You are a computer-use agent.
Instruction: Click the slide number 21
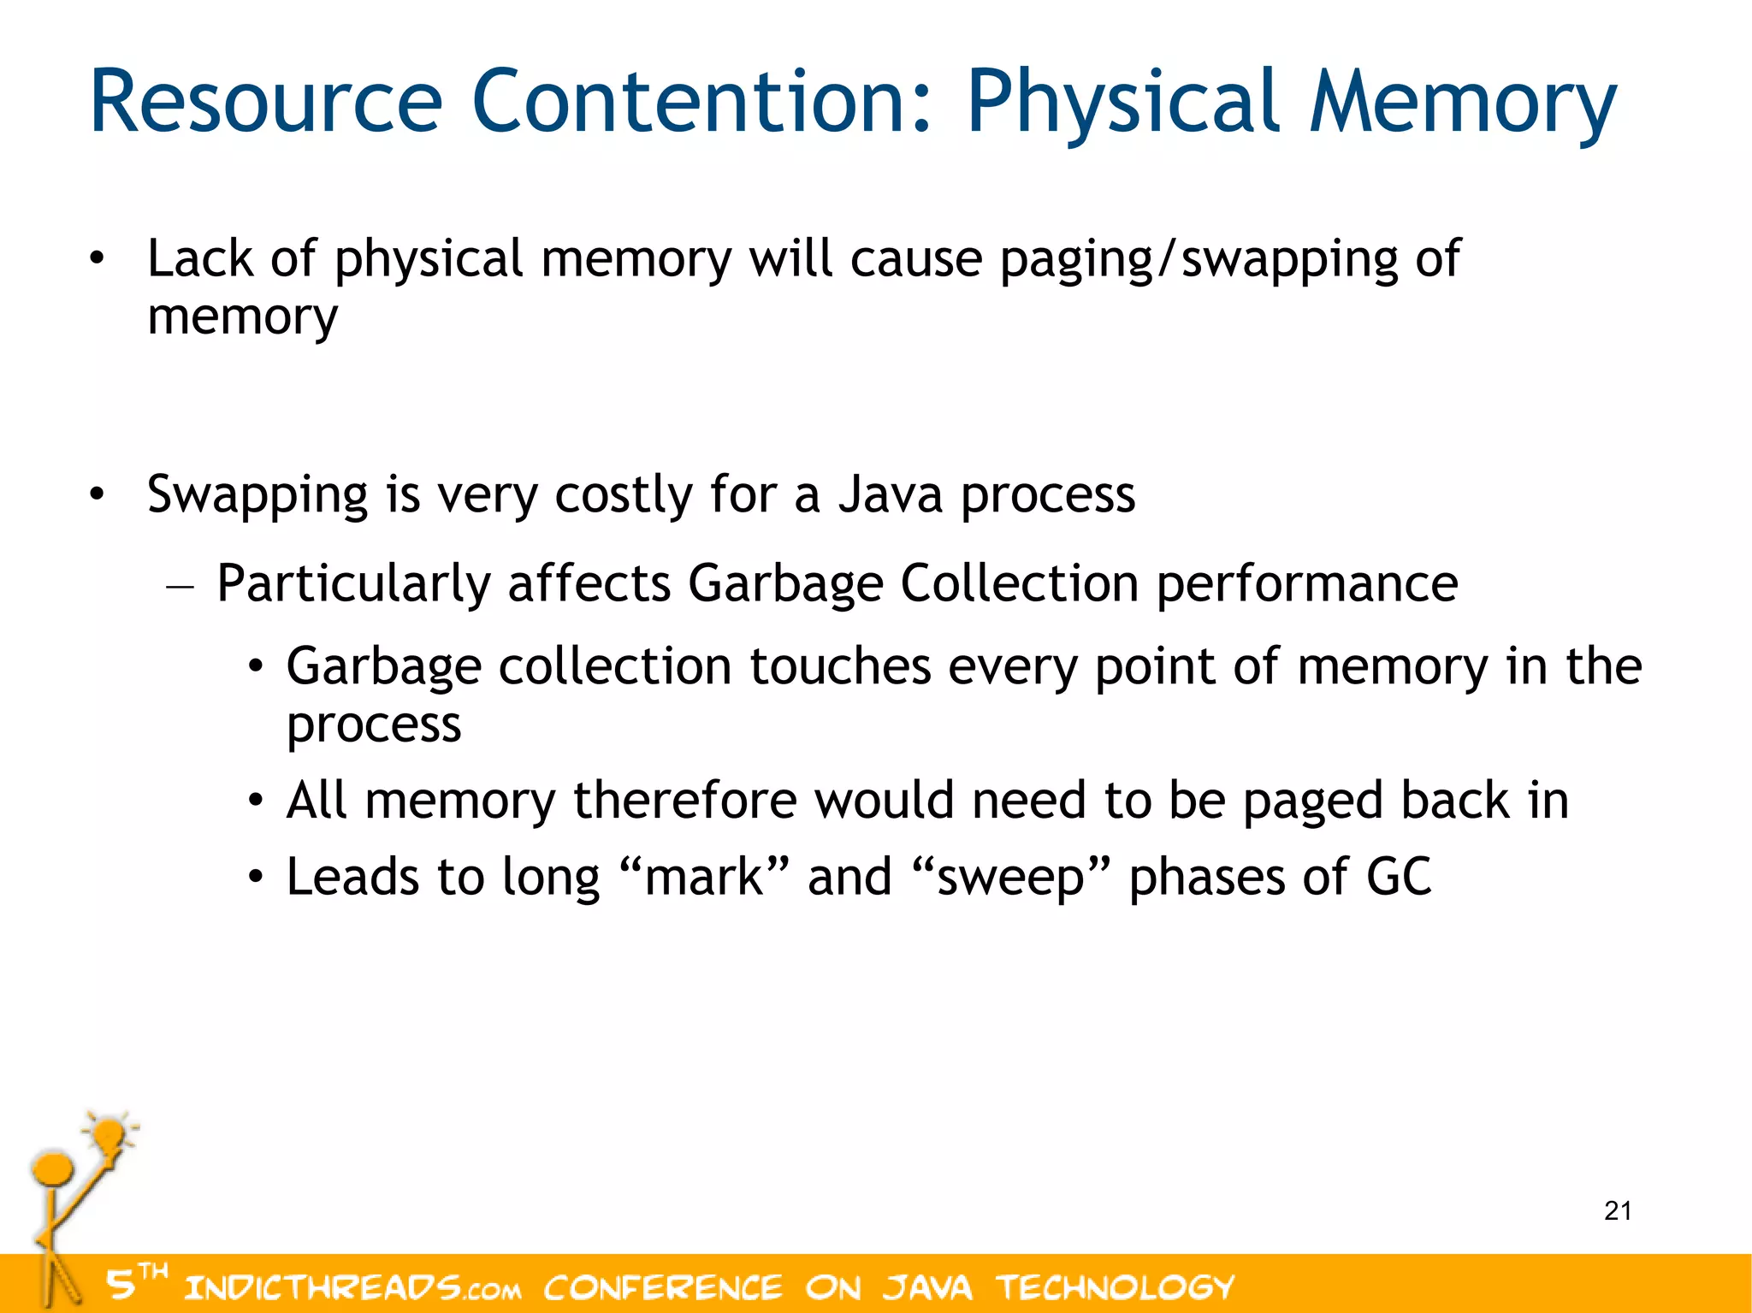[1618, 1211]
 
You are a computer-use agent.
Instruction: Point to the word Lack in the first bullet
[200, 258]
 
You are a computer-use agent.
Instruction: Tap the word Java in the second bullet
[890, 494]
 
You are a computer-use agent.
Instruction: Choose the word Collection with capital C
[1019, 583]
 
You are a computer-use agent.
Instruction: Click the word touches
[840, 666]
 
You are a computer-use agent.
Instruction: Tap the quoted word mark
[704, 878]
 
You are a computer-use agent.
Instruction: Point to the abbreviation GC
[1399, 878]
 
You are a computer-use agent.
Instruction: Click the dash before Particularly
[181, 588]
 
